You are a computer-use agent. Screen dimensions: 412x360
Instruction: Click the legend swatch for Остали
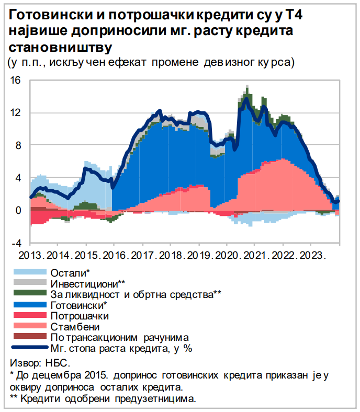coord(30,272)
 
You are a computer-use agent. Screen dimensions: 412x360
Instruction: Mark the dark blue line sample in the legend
coord(30,347)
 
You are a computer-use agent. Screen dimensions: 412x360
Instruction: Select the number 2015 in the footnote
coord(98,375)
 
